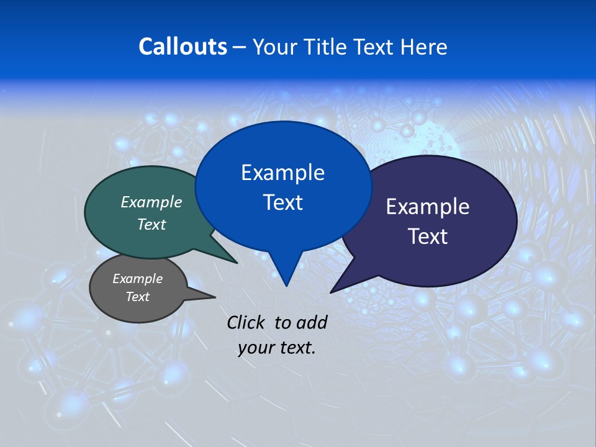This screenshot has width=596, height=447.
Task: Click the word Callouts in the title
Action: tap(183, 47)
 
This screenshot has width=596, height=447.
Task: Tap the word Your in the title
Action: tap(277, 47)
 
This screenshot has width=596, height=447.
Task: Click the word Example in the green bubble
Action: tap(151, 202)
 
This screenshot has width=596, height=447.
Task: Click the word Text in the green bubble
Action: tap(151, 225)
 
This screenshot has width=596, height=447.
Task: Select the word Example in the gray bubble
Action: tap(138, 279)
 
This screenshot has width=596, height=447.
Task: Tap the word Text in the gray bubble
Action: tap(138, 297)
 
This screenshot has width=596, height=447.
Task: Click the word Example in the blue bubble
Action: tap(283, 173)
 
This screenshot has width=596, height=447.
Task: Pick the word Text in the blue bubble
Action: tap(283, 202)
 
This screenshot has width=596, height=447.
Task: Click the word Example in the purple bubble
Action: tap(428, 207)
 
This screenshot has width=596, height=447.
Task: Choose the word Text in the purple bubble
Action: tap(428, 237)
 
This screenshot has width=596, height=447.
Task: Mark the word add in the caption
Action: tap(312, 322)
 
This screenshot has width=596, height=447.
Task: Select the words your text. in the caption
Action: tap(277, 348)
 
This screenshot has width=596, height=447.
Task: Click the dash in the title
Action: tap(240, 47)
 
